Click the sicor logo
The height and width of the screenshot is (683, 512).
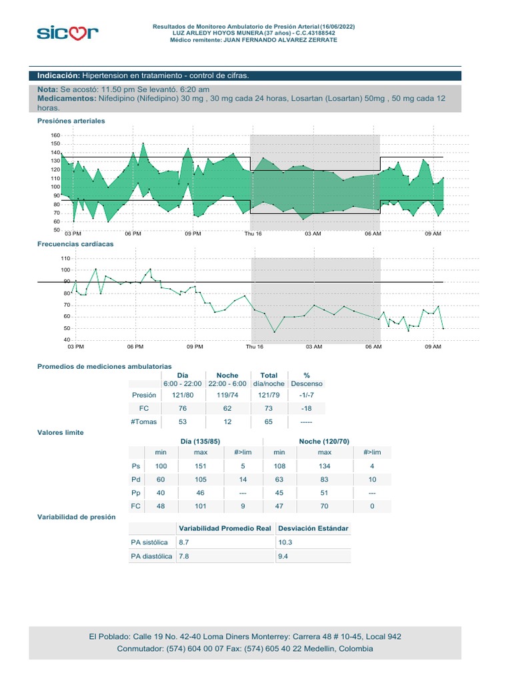click(x=67, y=33)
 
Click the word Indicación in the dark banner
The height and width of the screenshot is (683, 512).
click(x=59, y=75)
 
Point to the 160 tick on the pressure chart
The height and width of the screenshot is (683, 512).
click(x=55, y=135)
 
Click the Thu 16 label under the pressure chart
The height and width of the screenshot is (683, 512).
click(x=253, y=233)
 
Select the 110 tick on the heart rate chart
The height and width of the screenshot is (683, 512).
click(x=65, y=258)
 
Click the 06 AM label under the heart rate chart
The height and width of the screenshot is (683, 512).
click(x=373, y=347)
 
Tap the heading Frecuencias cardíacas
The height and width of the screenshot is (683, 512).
click(x=75, y=244)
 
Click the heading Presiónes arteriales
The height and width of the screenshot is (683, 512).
click(x=71, y=121)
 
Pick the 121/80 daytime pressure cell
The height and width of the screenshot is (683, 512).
click(x=183, y=395)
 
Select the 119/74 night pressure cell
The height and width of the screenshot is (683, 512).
click(x=227, y=395)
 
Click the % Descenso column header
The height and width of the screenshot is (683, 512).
click(x=307, y=380)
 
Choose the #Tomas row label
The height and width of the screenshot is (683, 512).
click(x=144, y=422)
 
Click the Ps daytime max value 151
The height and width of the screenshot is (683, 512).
click(x=200, y=466)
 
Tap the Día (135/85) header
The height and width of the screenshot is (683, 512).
click(x=200, y=442)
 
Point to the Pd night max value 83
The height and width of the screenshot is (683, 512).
click(x=325, y=480)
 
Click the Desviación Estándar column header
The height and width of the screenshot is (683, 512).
click(x=313, y=528)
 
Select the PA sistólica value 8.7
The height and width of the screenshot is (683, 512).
click(x=184, y=542)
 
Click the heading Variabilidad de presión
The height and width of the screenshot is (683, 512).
click(x=76, y=517)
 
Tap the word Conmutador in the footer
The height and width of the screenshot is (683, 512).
click(x=140, y=648)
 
